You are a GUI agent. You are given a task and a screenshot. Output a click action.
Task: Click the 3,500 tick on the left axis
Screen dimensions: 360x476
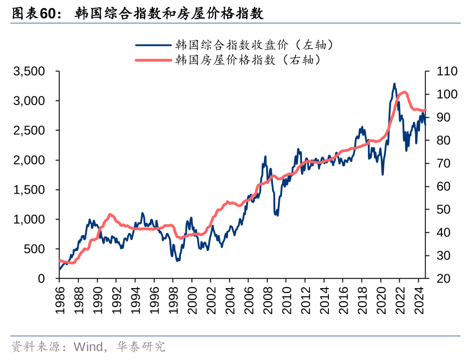pyautogui.click(x=29, y=71)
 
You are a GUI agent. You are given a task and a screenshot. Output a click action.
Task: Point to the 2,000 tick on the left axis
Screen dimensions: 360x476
pyautogui.click(x=29, y=160)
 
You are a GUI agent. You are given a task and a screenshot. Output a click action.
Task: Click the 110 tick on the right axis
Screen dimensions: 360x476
pyautogui.click(x=447, y=71)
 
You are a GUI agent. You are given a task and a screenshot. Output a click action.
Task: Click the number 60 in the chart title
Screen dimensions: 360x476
pyautogui.click(x=47, y=14)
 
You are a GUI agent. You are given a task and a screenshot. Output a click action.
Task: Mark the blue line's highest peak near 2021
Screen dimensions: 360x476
pyautogui.click(x=394, y=84)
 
